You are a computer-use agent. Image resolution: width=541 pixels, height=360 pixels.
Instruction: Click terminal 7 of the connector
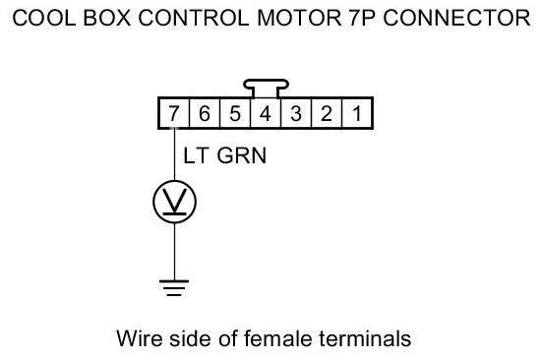point(174,113)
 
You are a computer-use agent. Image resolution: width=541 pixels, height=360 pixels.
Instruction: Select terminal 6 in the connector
point(205,113)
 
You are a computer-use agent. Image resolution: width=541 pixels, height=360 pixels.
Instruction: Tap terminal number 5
point(235,113)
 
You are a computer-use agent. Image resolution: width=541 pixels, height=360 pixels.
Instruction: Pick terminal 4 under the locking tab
point(266,113)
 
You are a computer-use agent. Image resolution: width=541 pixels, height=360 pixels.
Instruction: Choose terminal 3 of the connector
point(296,113)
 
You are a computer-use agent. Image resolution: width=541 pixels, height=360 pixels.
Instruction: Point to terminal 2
point(327,113)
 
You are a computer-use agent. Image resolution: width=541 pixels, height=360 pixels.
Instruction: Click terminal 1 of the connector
point(357,113)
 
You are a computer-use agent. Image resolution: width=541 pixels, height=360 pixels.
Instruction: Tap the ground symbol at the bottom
point(174,288)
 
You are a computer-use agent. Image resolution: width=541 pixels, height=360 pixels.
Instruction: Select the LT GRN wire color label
point(225,155)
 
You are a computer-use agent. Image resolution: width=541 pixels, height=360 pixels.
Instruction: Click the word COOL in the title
point(44,18)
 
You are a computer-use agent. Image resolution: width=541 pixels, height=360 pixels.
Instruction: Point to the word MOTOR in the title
point(299,18)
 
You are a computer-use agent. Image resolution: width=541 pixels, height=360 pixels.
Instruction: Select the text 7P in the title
point(362,18)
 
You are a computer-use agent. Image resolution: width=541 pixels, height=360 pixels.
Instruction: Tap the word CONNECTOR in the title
point(456,18)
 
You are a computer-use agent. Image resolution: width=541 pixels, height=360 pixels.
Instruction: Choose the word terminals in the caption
point(365,338)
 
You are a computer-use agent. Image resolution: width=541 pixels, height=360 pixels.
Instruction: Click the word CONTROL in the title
point(193,18)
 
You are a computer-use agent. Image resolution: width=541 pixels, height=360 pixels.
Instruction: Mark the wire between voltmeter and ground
point(174,251)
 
